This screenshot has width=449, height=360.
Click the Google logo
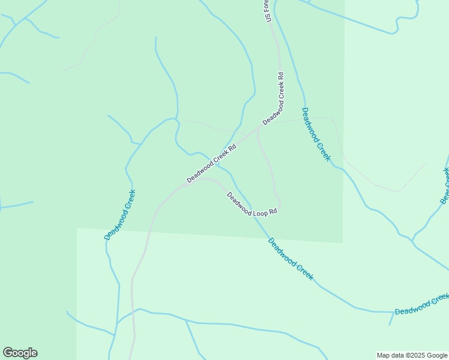pos(20,353)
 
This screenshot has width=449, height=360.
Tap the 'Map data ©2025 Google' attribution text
pos(412,355)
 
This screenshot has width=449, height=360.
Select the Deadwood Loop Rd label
pos(252,204)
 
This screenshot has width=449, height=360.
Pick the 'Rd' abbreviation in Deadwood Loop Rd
pos(273,212)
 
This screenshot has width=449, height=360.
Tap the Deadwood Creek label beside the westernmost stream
pos(120,214)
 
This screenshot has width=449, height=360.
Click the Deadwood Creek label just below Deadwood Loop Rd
pos(291,259)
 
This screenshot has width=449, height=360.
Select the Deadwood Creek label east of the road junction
pos(316,134)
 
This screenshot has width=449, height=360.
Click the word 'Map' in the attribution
pos(383,355)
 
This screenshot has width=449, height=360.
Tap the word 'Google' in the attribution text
pos(436,355)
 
